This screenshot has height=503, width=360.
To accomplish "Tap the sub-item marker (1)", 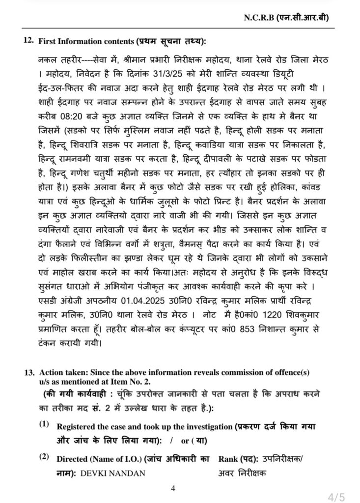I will [44, 424].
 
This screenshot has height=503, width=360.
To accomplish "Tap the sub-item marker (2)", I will [44, 457].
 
